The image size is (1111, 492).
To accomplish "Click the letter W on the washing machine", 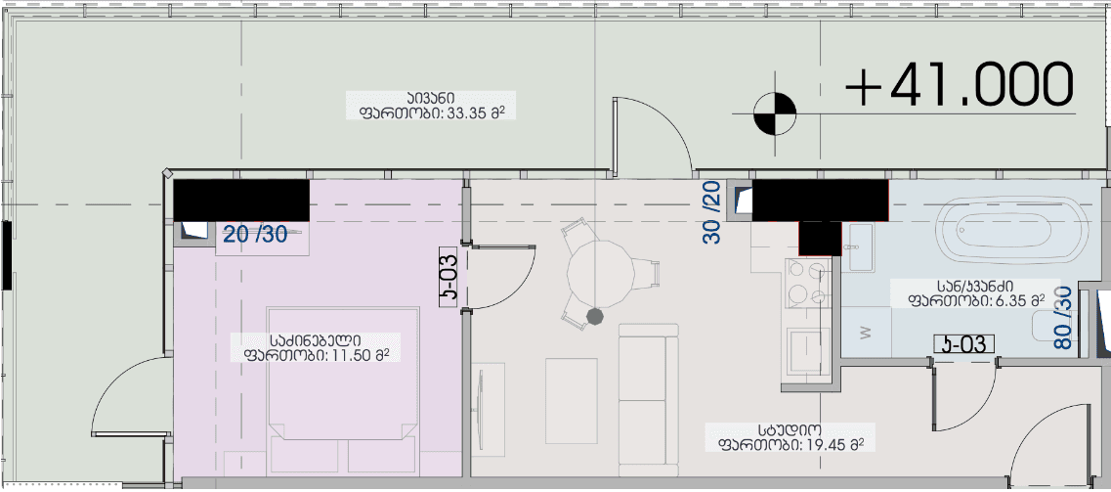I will (864, 331).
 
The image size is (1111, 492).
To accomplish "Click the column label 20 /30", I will (255, 234).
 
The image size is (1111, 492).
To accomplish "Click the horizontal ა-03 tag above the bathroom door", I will (963, 343).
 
